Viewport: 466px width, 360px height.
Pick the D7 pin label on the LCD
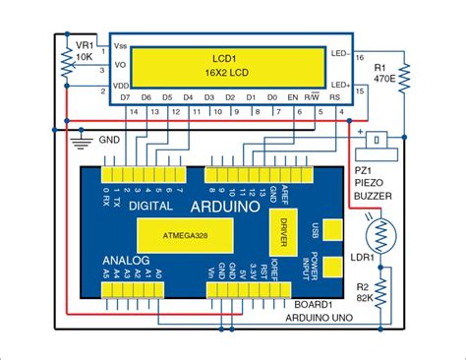pos(124,98)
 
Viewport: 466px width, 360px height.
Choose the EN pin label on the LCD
pos(292,98)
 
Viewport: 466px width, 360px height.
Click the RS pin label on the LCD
pos(336,98)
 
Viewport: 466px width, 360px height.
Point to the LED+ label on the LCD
pos(340,87)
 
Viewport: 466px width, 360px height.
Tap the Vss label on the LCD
pos(122,46)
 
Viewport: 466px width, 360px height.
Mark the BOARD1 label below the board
pos(312,305)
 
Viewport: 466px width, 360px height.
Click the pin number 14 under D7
pos(134,113)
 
